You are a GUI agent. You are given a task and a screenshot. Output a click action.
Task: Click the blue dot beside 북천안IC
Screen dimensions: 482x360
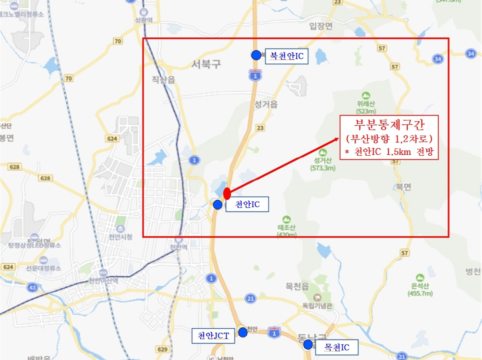tap(256, 55)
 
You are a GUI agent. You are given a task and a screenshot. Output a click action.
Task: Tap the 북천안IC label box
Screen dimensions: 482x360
tap(287, 57)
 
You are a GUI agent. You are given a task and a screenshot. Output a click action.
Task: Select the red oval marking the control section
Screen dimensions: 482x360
tap(227, 193)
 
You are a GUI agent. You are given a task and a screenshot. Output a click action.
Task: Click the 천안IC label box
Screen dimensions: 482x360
tap(247, 205)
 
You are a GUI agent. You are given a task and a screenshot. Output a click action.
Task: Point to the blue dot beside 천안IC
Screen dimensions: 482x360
tap(217, 205)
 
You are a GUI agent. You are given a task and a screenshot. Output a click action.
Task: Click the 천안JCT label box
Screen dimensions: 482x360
tap(213, 336)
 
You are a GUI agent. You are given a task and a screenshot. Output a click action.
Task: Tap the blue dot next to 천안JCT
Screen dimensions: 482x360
tap(243, 332)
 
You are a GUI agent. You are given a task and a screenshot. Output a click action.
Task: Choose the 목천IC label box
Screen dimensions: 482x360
tap(337, 348)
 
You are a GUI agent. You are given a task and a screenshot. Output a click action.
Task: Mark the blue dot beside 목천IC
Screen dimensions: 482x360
tap(308, 344)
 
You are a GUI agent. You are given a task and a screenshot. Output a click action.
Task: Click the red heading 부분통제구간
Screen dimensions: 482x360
tap(388, 125)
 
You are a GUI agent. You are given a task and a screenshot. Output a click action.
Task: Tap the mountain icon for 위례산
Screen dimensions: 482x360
tap(365, 96)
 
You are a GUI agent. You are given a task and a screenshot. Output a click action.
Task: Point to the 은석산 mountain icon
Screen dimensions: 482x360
tap(420, 277)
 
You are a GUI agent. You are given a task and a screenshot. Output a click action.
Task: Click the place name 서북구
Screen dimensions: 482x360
tap(206, 64)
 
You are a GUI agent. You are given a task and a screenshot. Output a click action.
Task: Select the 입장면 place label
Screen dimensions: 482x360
tap(321, 26)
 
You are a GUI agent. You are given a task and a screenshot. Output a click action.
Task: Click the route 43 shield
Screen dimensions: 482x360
tap(33, 287)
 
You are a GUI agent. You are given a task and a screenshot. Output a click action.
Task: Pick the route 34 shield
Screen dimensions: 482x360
tap(438, 59)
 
